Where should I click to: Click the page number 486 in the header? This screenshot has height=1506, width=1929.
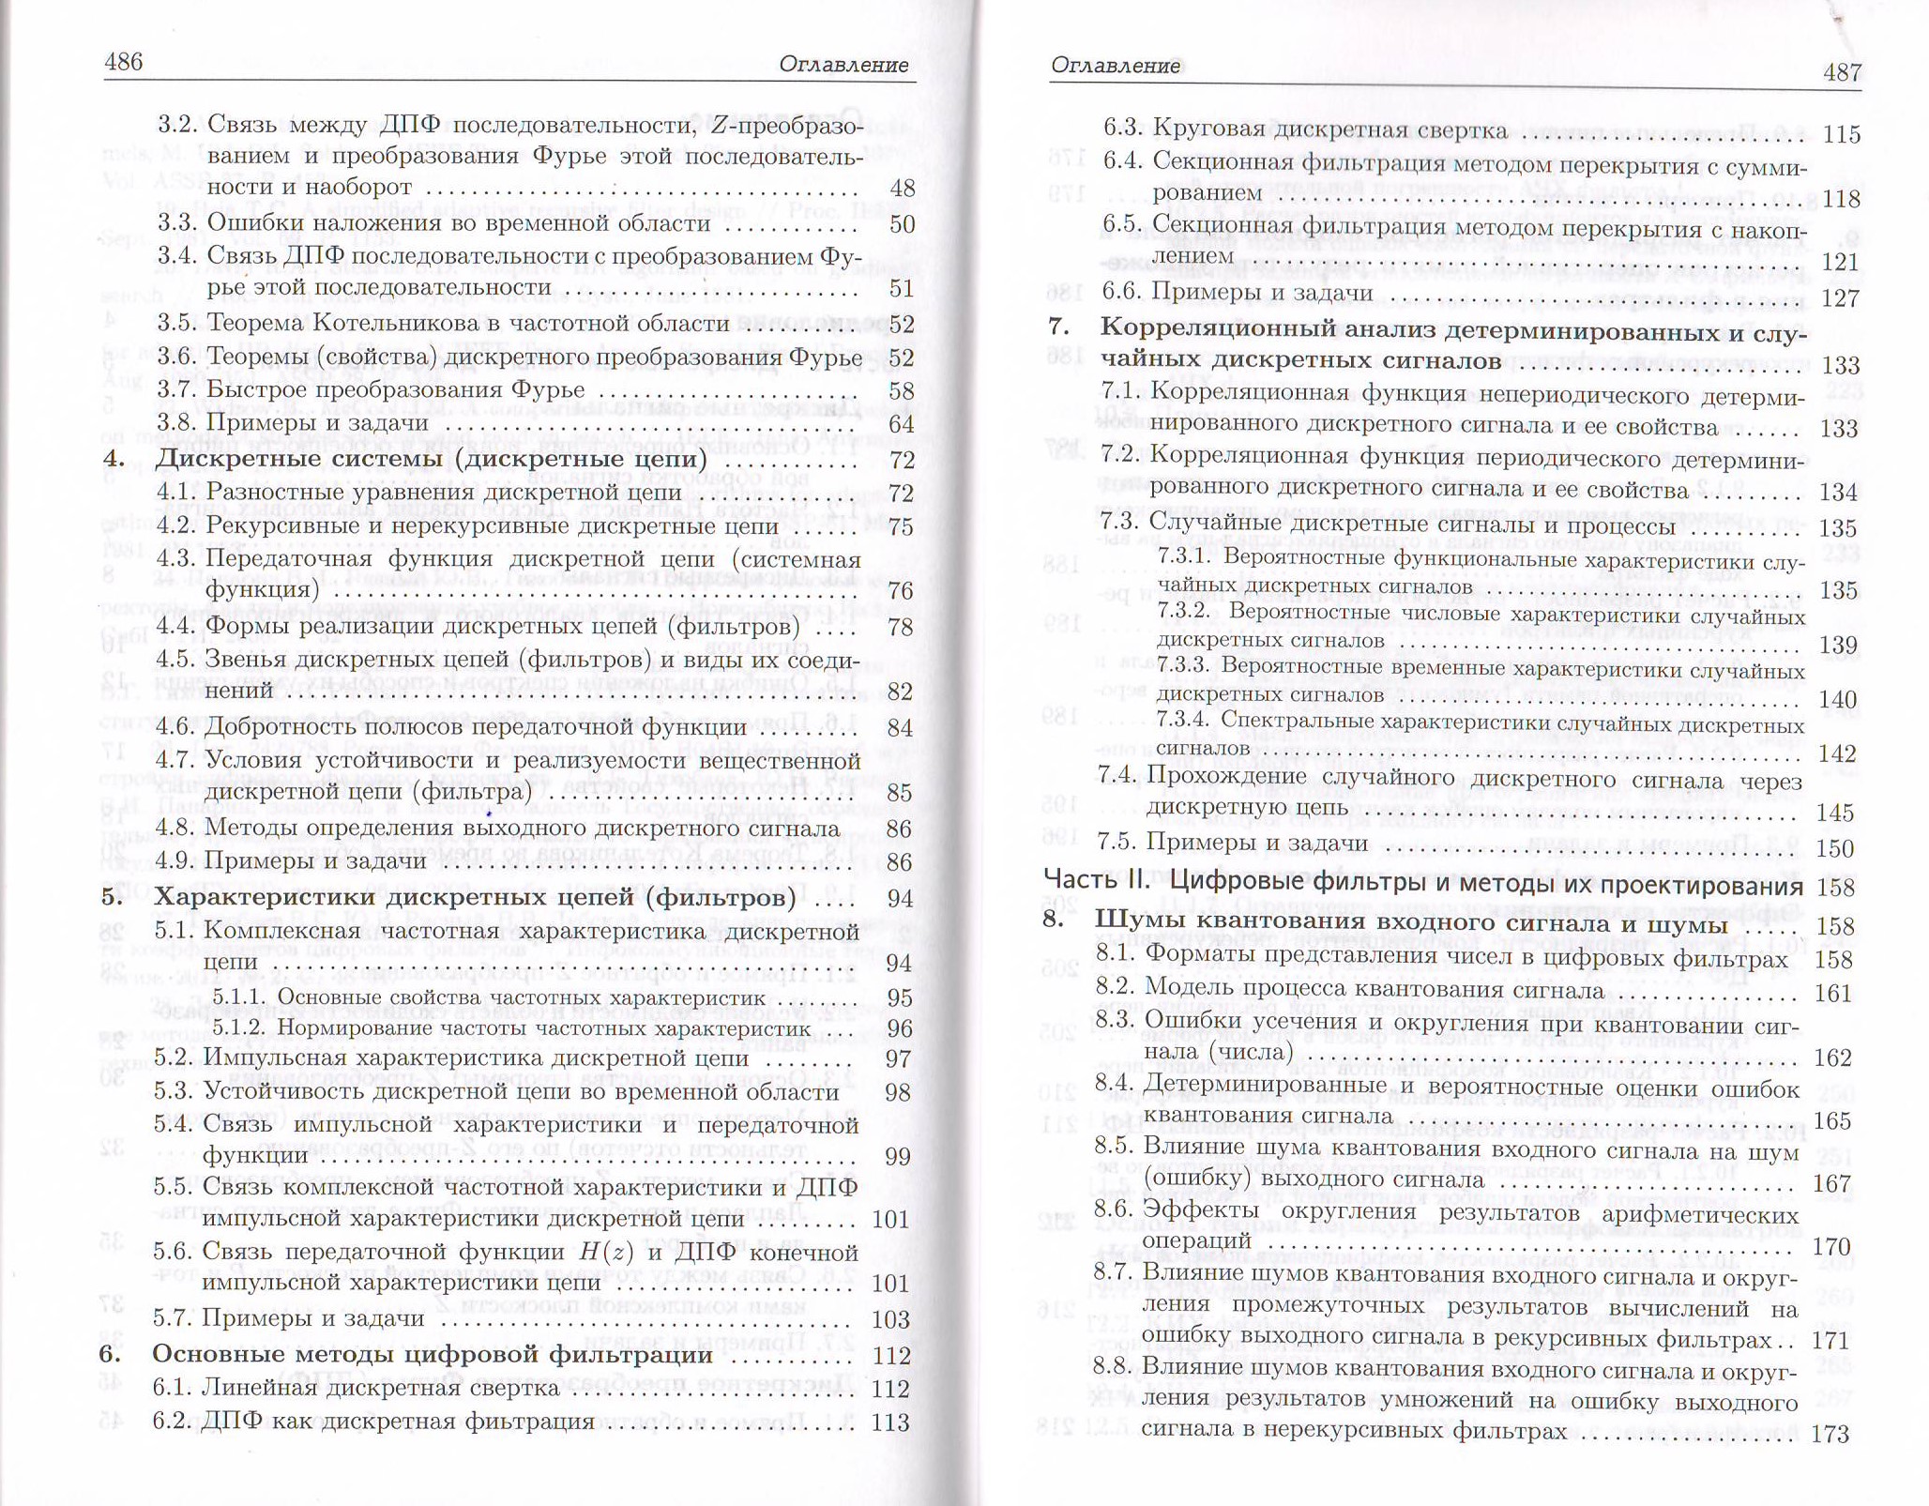point(124,62)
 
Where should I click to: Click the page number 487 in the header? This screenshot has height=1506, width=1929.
point(1841,72)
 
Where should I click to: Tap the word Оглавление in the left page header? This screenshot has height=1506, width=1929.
point(843,65)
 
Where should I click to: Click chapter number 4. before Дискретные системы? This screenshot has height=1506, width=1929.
point(114,460)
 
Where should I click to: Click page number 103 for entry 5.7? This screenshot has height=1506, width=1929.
point(891,1319)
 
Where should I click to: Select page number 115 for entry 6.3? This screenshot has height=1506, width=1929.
point(1841,134)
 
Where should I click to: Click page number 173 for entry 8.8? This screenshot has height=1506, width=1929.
point(1830,1433)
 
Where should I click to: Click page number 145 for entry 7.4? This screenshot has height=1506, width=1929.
point(1834,812)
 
